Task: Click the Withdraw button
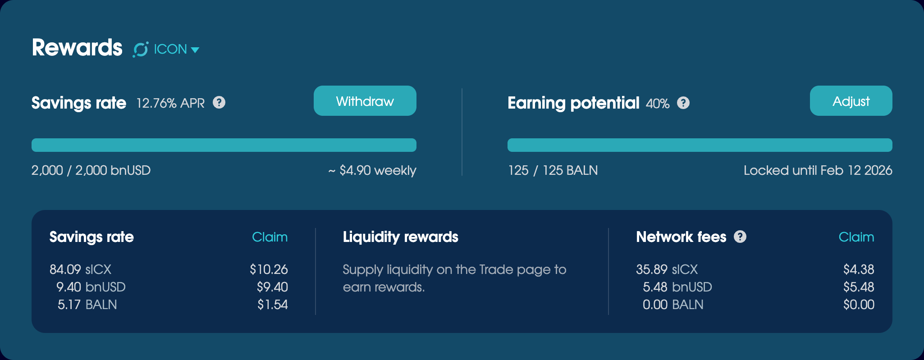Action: [x=365, y=101]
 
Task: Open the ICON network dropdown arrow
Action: [x=195, y=50]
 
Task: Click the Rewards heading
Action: [x=77, y=47]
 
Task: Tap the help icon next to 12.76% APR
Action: [x=219, y=103]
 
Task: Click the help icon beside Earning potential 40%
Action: [x=683, y=103]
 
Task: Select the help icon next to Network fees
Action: [x=740, y=237]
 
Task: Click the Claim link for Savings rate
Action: [x=270, y=237]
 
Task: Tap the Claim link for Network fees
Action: [x=856, y=237]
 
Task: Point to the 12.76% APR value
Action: [x=170, y=103]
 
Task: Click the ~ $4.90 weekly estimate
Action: [x=372, y=170]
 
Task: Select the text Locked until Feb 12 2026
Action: [x=818, y=170]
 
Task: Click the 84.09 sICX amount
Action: [x=80, y=269]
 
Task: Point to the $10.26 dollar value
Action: [x=269, y=269]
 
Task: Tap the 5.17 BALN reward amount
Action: [x=87, y=305]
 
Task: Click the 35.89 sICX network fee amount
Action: [x=667, y=269]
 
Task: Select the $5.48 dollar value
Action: [x=859, y=287]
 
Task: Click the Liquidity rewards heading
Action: [x=400, y=237]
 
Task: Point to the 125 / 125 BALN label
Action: [x=553, y=170]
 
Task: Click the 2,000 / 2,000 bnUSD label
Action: [x=91, y=170]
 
